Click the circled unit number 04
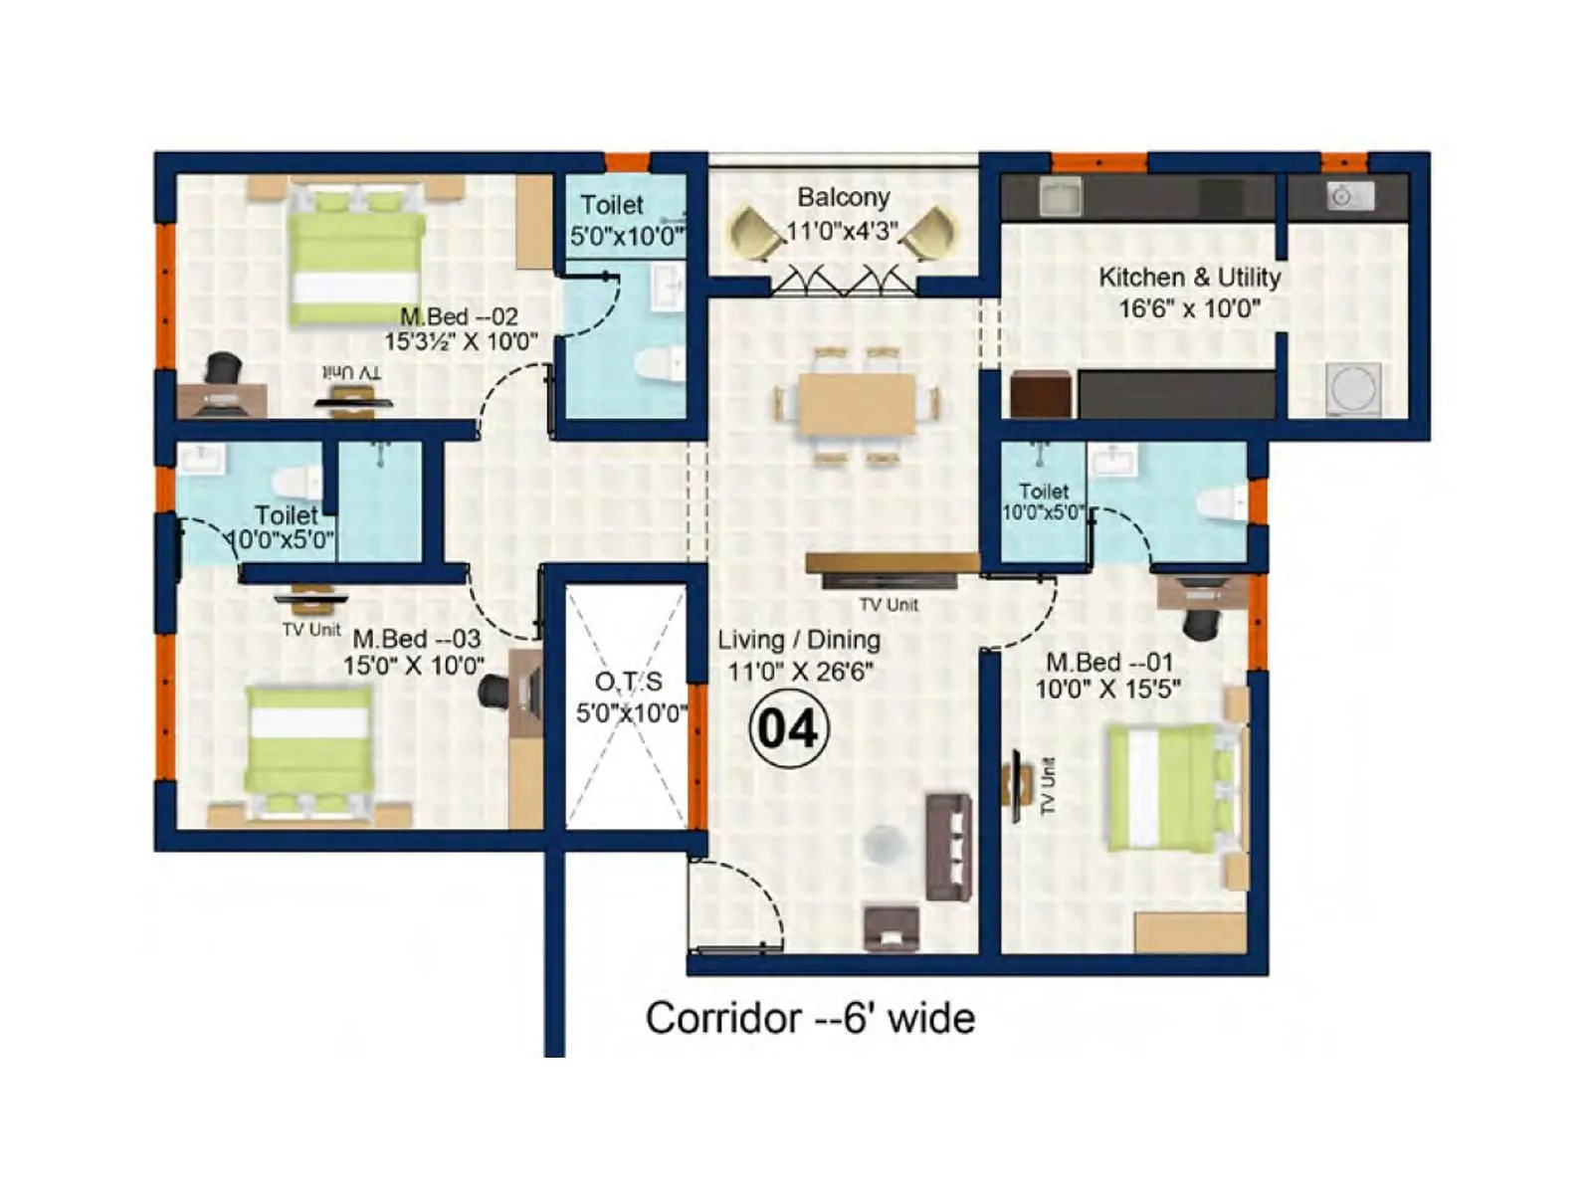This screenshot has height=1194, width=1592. click(788, 729)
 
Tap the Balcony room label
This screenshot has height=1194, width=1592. click(843, 197)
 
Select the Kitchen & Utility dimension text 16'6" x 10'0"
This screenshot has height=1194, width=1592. click(1189, 308)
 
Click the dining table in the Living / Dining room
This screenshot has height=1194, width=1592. click(858, 404)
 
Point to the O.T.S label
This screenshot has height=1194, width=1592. click(628, 683)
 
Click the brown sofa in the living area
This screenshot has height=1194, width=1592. click(949, 846)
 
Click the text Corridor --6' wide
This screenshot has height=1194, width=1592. click(810, 1019)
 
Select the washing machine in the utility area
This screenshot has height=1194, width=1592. click(1353, 389)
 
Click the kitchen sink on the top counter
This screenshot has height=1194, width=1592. click(1060, 197)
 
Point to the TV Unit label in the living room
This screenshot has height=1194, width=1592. click(889, 605)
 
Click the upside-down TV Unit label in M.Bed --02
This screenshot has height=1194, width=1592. click(351, 372)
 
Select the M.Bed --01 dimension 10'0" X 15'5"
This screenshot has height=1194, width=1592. click(1107, 689)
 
